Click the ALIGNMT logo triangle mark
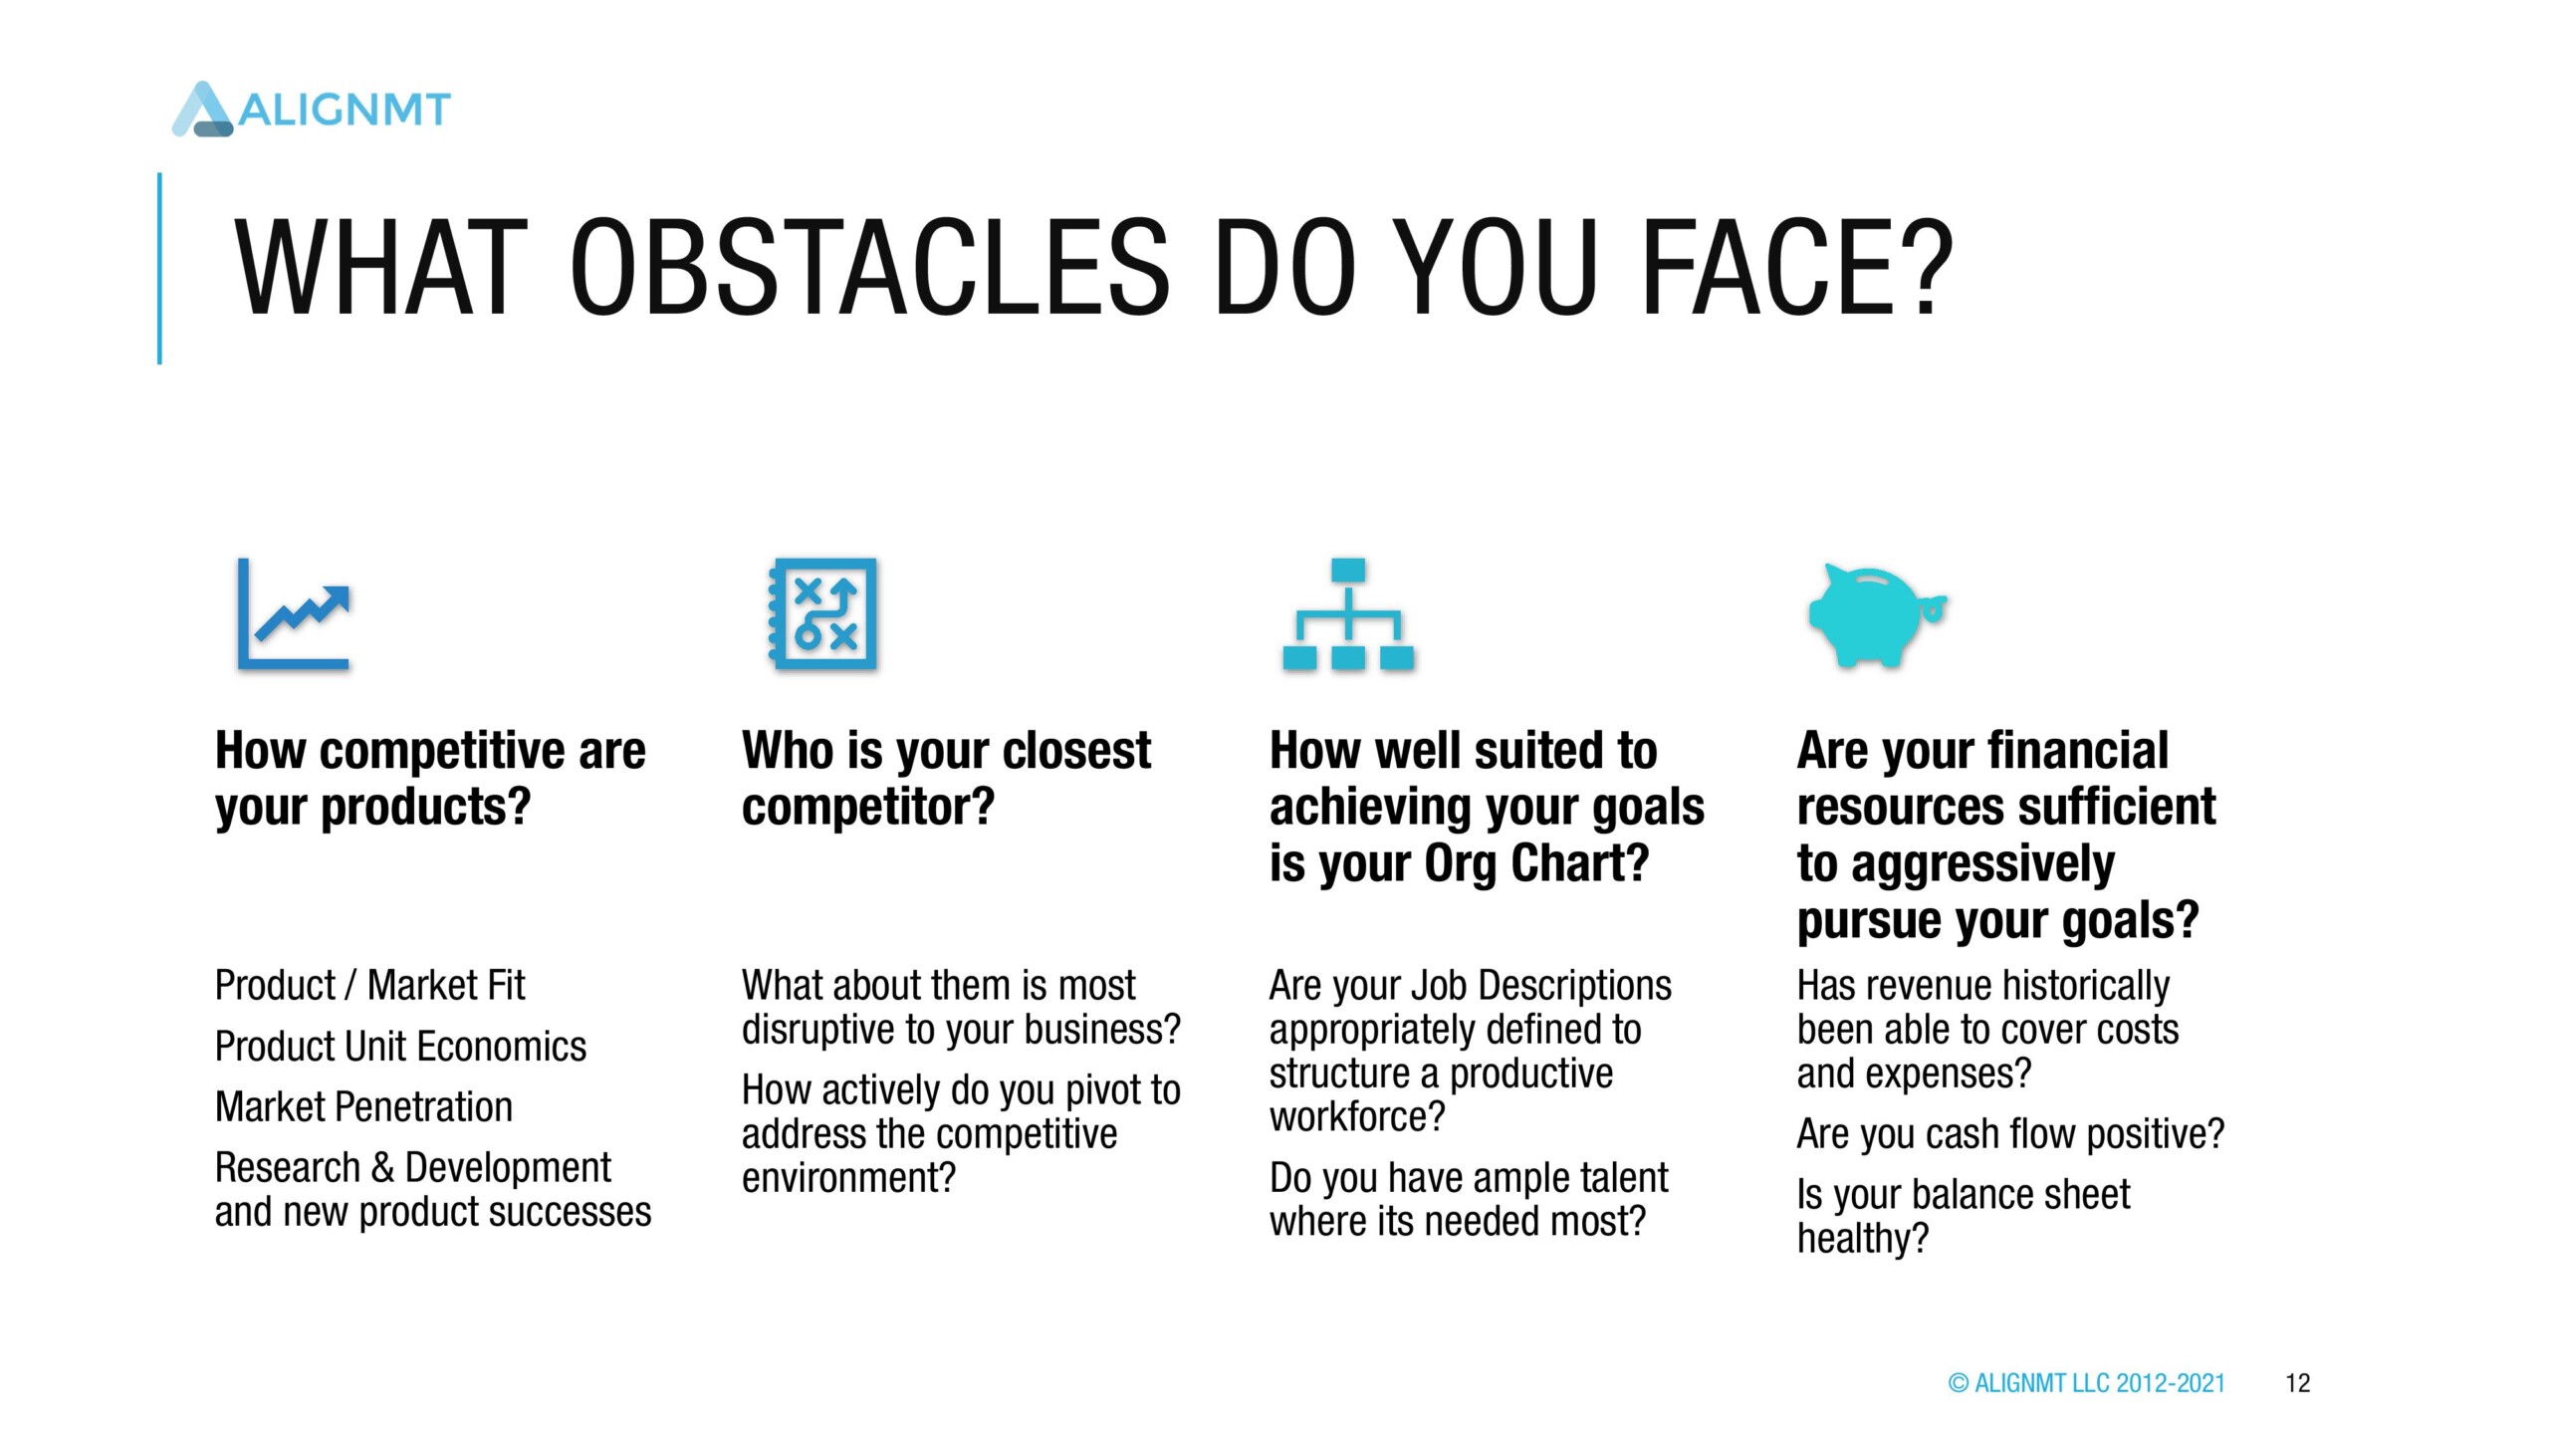pyautogui.click(x=203, y=109)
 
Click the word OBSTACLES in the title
pyautogui.click(x=870, y=268)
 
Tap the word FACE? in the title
pyautogui.click(x=1798, y=268)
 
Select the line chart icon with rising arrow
pyautogui.click(x=294, y=613)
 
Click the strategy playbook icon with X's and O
pyautogui.click(x=822, y=613)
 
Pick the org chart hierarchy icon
pyautogui.click(x=1348, y=613)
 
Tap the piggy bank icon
pyautogui.click(x=1877, y=615)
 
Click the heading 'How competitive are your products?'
pyautogui.click(x=430, y=778)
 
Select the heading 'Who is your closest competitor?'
pyautogui.click(x=946, y=778)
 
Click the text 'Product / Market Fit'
pyautogui.click(x=369, y=986)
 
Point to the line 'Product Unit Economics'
pyautogui.click(x=400, y=1047)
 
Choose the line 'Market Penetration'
pyautogui.click(x=363, y=1107)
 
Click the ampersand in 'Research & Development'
pyautogui.click(x=382, y=1168)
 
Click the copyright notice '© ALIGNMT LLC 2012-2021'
pyautogui.click(x=2086, y=1383)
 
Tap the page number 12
pyautogui.click(x=2298, y=1383)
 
